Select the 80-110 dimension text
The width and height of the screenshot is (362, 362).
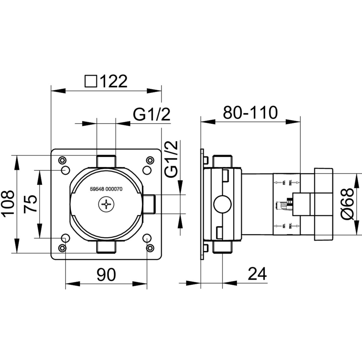click(250, 113)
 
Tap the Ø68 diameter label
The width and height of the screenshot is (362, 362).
click(349, 204)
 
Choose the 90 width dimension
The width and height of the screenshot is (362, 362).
click(106, 275)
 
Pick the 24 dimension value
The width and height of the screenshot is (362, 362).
click(257, 274)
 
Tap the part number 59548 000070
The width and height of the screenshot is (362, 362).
click(106, 189)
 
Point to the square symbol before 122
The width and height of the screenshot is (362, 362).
click(91, 81)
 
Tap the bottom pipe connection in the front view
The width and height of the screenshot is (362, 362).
click(106, 247)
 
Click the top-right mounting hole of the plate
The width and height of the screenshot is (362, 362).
click(147, 170)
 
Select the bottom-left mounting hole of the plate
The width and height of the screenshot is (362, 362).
click(65, 238)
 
